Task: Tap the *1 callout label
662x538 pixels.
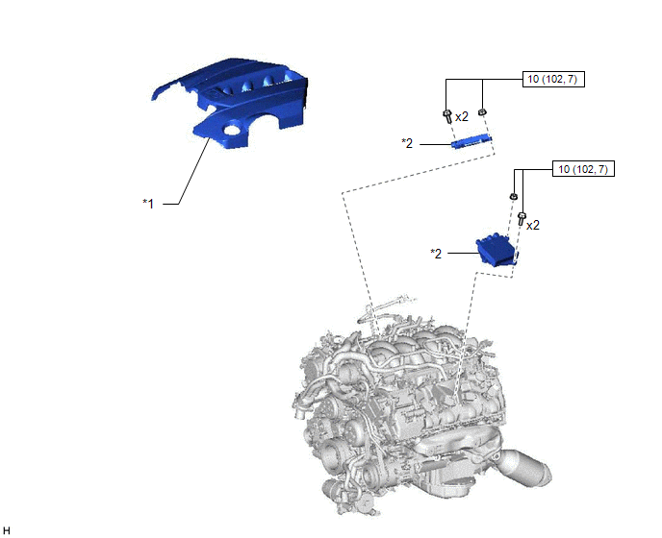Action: tap(148, 204)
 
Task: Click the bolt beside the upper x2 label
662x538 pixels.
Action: tap(447, 116)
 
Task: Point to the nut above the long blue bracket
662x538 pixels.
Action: tap(482, 112)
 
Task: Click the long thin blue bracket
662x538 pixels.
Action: tap(472, 141)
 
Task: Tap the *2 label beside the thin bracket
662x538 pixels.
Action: tap(407, 143)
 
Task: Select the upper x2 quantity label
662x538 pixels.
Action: tap(462, 117)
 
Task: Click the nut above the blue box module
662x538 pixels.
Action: tap(514, 197)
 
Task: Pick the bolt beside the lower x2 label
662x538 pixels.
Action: tap(522, 219)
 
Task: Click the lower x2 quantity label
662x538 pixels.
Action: tap(533, 226)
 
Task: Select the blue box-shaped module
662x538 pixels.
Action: tap(497, 251)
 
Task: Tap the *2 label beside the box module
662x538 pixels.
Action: tap(436, 254)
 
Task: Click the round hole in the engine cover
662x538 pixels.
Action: tap(232, 130)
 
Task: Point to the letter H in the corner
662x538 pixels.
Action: tap(7, 530)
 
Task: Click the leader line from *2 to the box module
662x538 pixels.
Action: tap(463, 253)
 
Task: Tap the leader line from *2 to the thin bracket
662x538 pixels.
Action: tap(436, 144)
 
